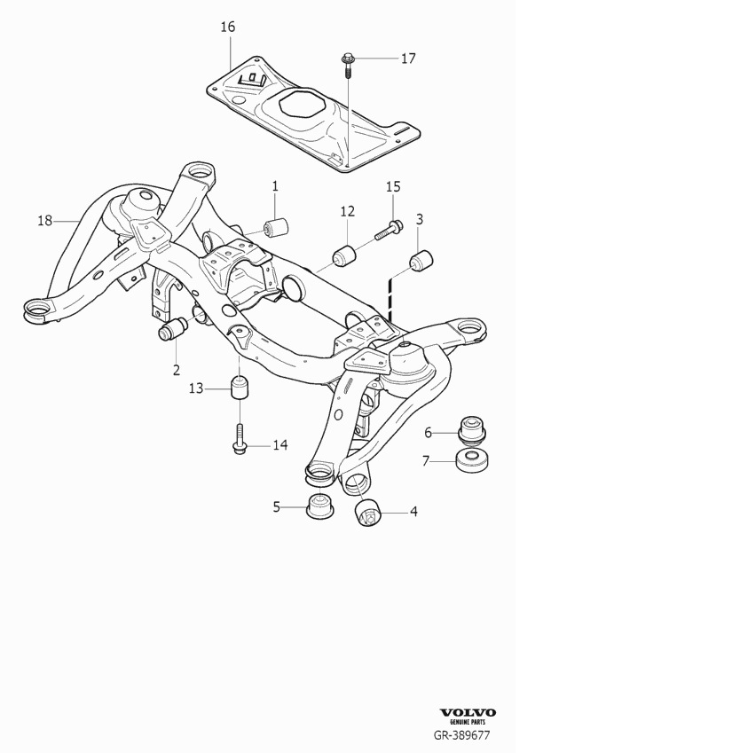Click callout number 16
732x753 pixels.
[x=228, y=27]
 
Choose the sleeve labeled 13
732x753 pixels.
[x=239, y=388]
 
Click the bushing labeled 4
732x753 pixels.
[x=367, y=513]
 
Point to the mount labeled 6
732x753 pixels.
[x=471, y=431]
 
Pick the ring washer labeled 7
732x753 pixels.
[x=471, y=460]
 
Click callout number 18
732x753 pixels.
[x=45, y=220]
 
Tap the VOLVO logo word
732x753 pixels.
[x=468, y=713]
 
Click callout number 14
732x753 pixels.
[x=279, y=445]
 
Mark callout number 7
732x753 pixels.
[x=427, y=461]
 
